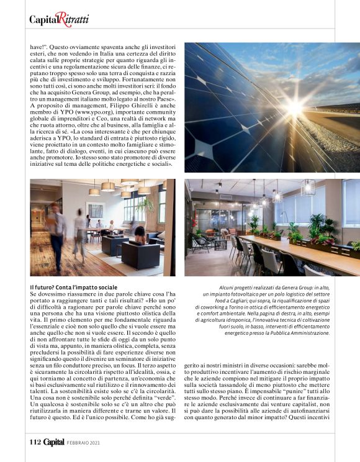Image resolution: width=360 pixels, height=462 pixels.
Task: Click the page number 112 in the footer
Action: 35,442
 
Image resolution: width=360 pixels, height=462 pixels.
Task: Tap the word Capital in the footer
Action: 54,442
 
